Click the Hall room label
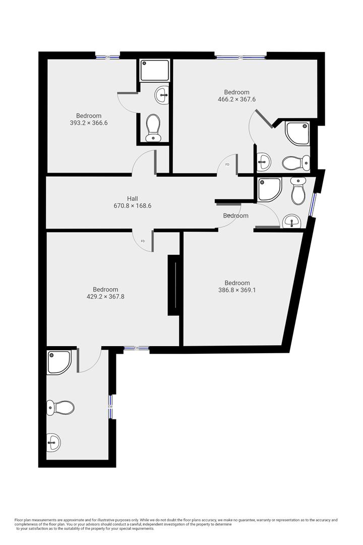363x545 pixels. coord(133,199)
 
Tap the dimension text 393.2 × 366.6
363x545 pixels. coord(89,123)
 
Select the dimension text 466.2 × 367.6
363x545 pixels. coord(237,99)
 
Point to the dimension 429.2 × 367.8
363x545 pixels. coord(105,297)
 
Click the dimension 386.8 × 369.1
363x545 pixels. coord(237,290)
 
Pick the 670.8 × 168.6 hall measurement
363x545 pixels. coord(133,206)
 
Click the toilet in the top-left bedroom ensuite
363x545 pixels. coord(153,128)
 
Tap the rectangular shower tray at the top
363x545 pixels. coord(155,71)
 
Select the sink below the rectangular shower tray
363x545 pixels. coord(162,94)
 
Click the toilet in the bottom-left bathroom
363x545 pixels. coord(60,407)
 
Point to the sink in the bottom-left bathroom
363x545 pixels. coord(53,443)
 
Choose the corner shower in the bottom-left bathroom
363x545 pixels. coord(59,362)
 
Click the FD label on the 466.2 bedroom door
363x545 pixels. coord(227,165)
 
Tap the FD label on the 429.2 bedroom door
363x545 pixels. coord(143,241)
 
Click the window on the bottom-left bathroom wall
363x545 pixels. coord(110,406)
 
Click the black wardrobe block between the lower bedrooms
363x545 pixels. coord(173,286)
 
